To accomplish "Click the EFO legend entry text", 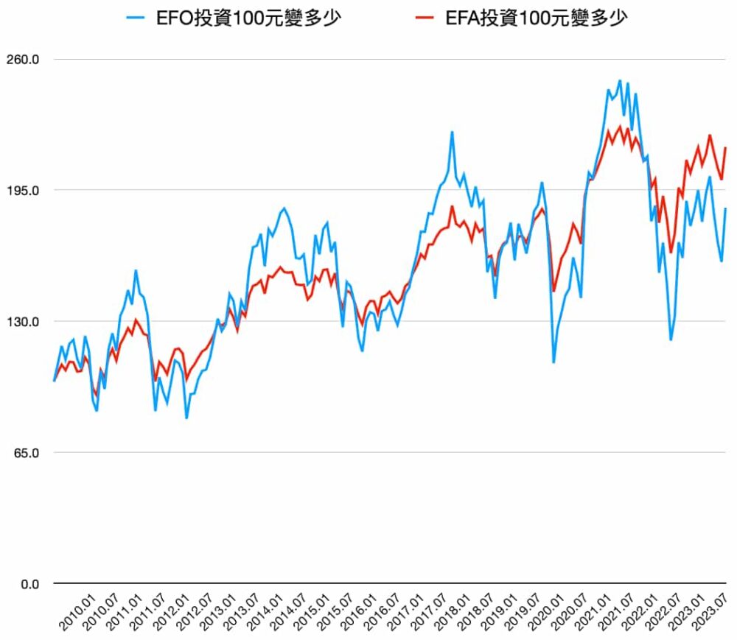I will point(248,18).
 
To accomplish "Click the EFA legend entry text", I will point(536,18).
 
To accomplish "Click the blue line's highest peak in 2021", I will point(620,81).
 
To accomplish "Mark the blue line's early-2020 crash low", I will point(553,362).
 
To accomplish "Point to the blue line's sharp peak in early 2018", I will point(452,133).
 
